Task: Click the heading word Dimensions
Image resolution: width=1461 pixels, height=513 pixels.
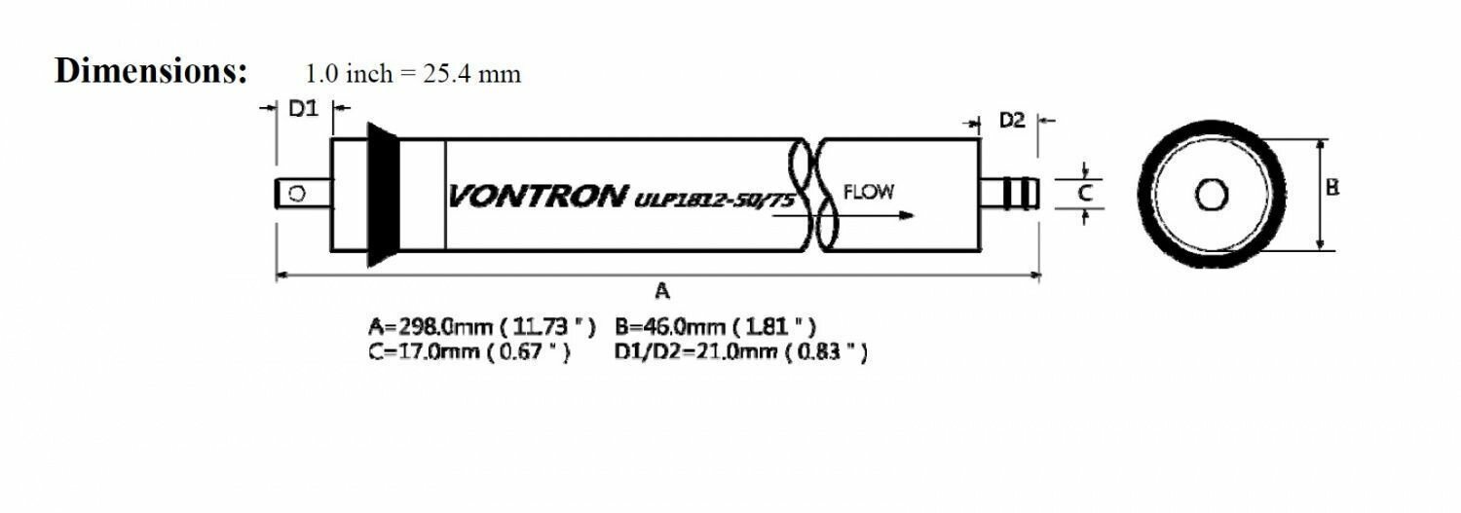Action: [151, 71]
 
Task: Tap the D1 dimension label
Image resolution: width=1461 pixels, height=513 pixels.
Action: [304, 110]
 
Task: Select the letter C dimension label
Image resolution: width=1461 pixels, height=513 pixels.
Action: [1085, 194]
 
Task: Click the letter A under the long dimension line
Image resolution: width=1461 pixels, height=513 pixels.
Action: [662, 289]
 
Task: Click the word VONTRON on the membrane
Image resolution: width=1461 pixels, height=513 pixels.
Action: [537, 197]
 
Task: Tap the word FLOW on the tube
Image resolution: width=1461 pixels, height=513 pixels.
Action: [868, 192]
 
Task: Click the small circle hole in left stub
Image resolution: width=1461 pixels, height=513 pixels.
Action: [298, 194]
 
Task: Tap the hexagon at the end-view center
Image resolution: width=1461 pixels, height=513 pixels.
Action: [1211, 195]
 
